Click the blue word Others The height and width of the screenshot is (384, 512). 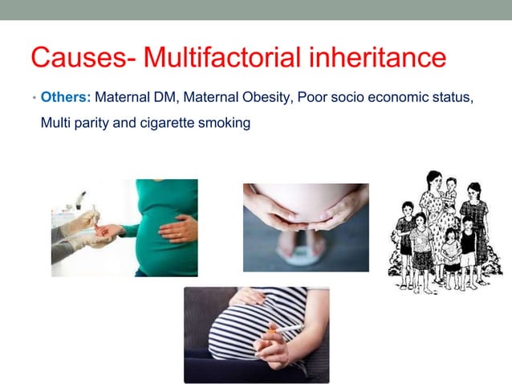[66, 97]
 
